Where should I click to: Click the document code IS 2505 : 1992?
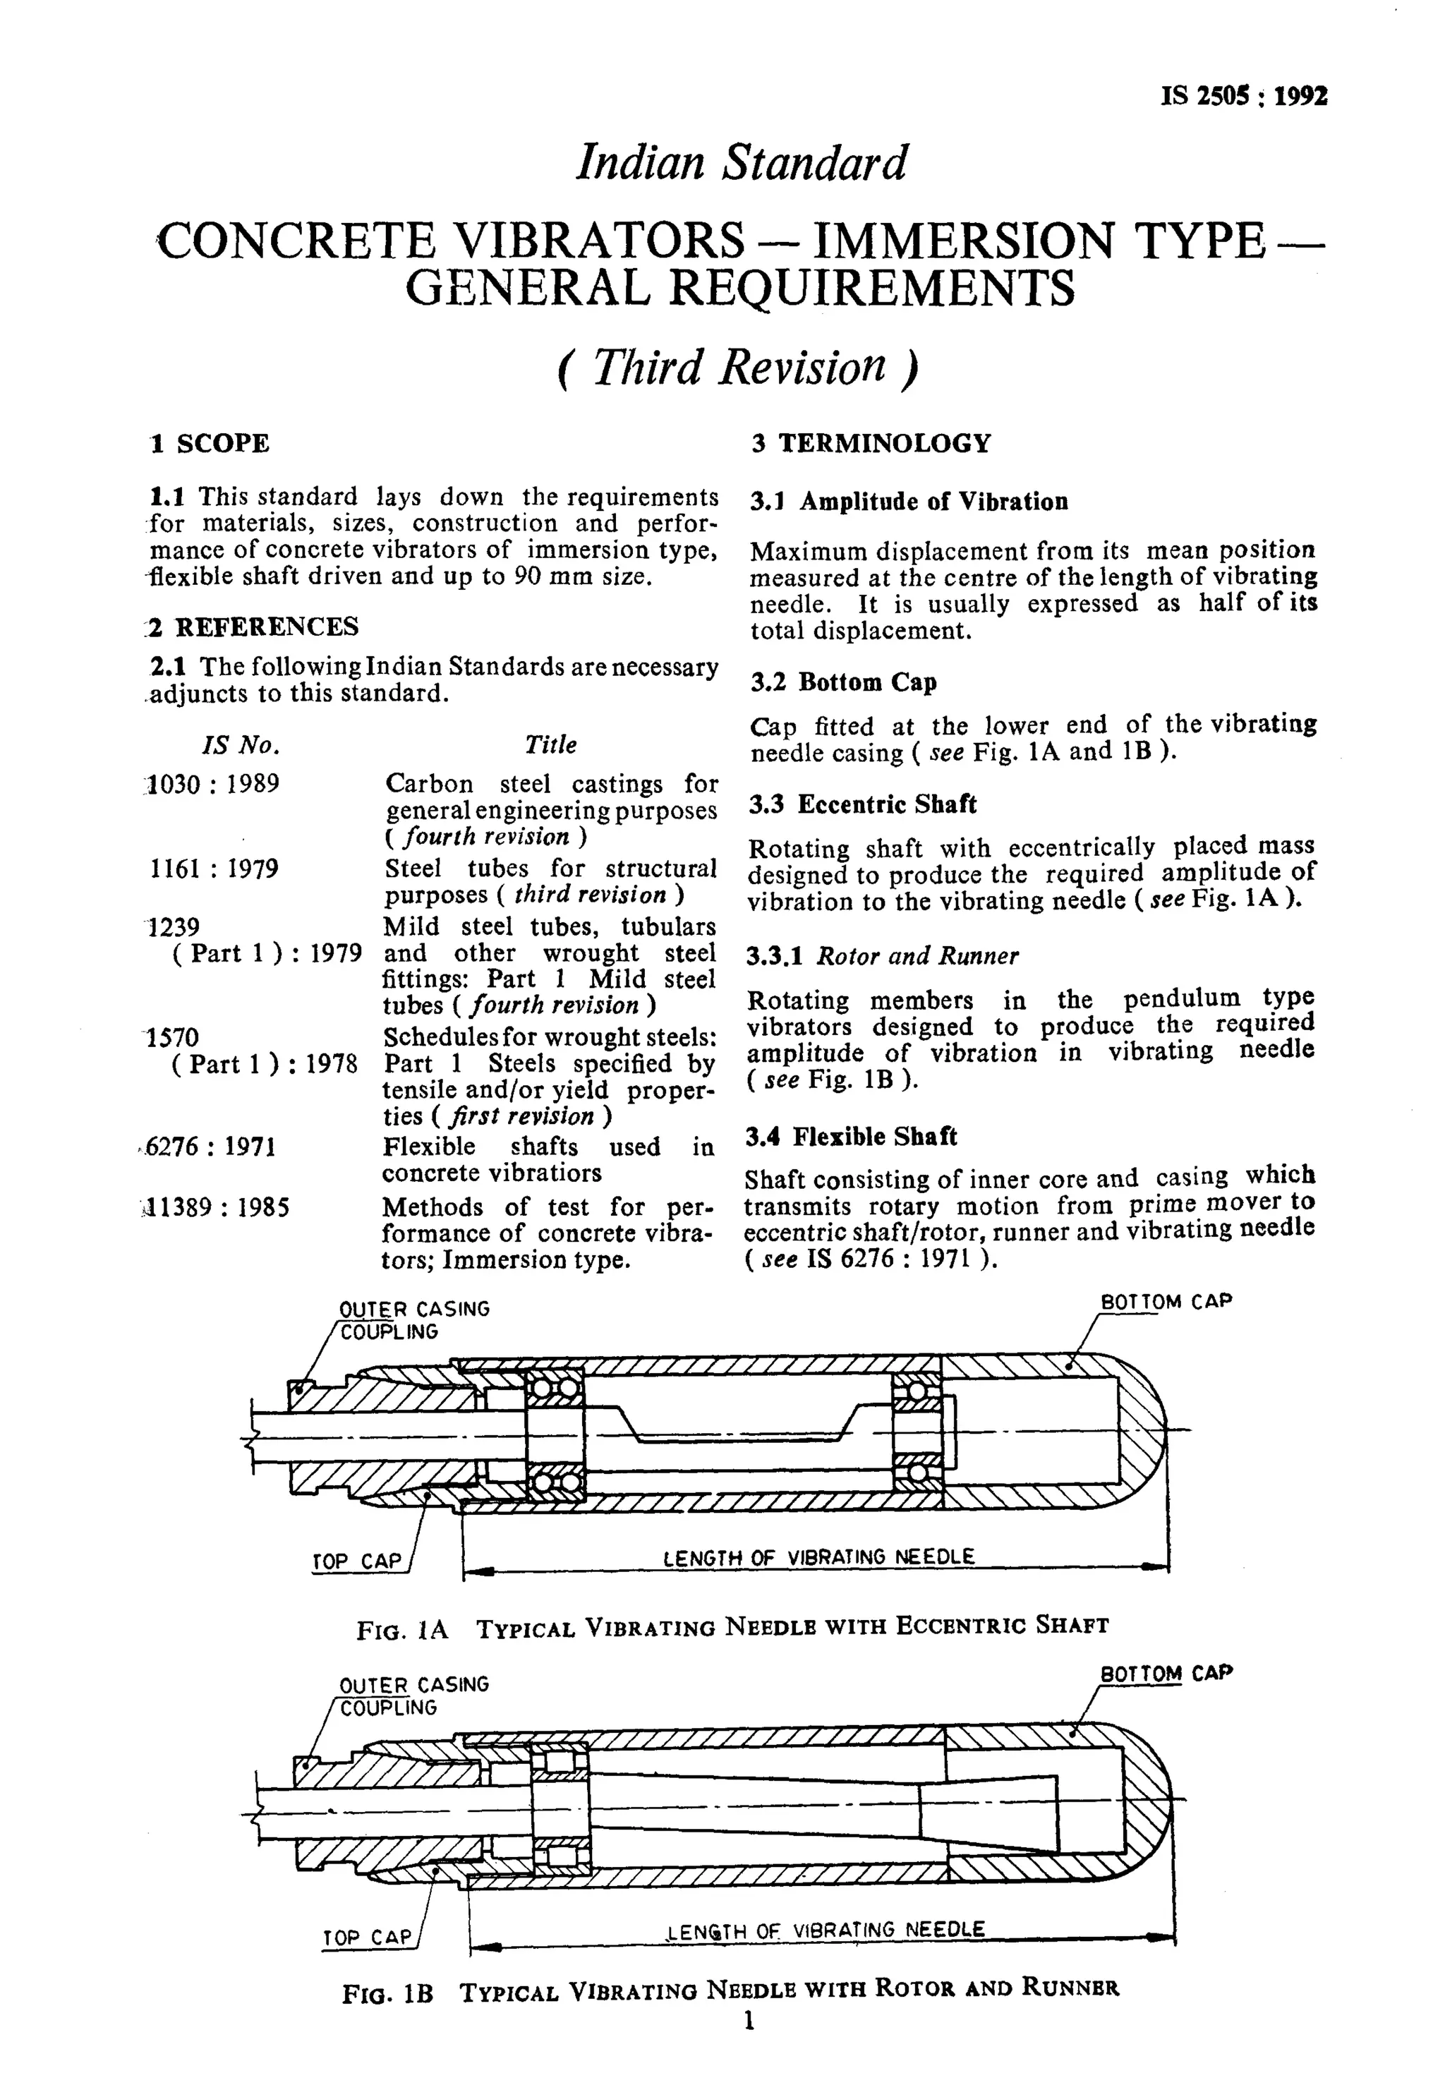coord(1243,97)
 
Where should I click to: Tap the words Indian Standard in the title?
coord(742,164)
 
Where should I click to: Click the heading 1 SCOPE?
coord(210,444)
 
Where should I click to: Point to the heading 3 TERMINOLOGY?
coord(870,444)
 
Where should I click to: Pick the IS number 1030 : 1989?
coord(214,783)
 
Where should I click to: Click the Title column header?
coord(550,744)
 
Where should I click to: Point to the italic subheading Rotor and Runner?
coord(917,956)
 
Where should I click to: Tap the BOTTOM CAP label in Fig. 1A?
coord(1165,1302)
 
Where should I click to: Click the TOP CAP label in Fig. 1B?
coord(367,1938)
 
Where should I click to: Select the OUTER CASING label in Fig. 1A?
coord(413,1309)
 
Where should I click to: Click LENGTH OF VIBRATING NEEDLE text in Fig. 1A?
coord(818,1557)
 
